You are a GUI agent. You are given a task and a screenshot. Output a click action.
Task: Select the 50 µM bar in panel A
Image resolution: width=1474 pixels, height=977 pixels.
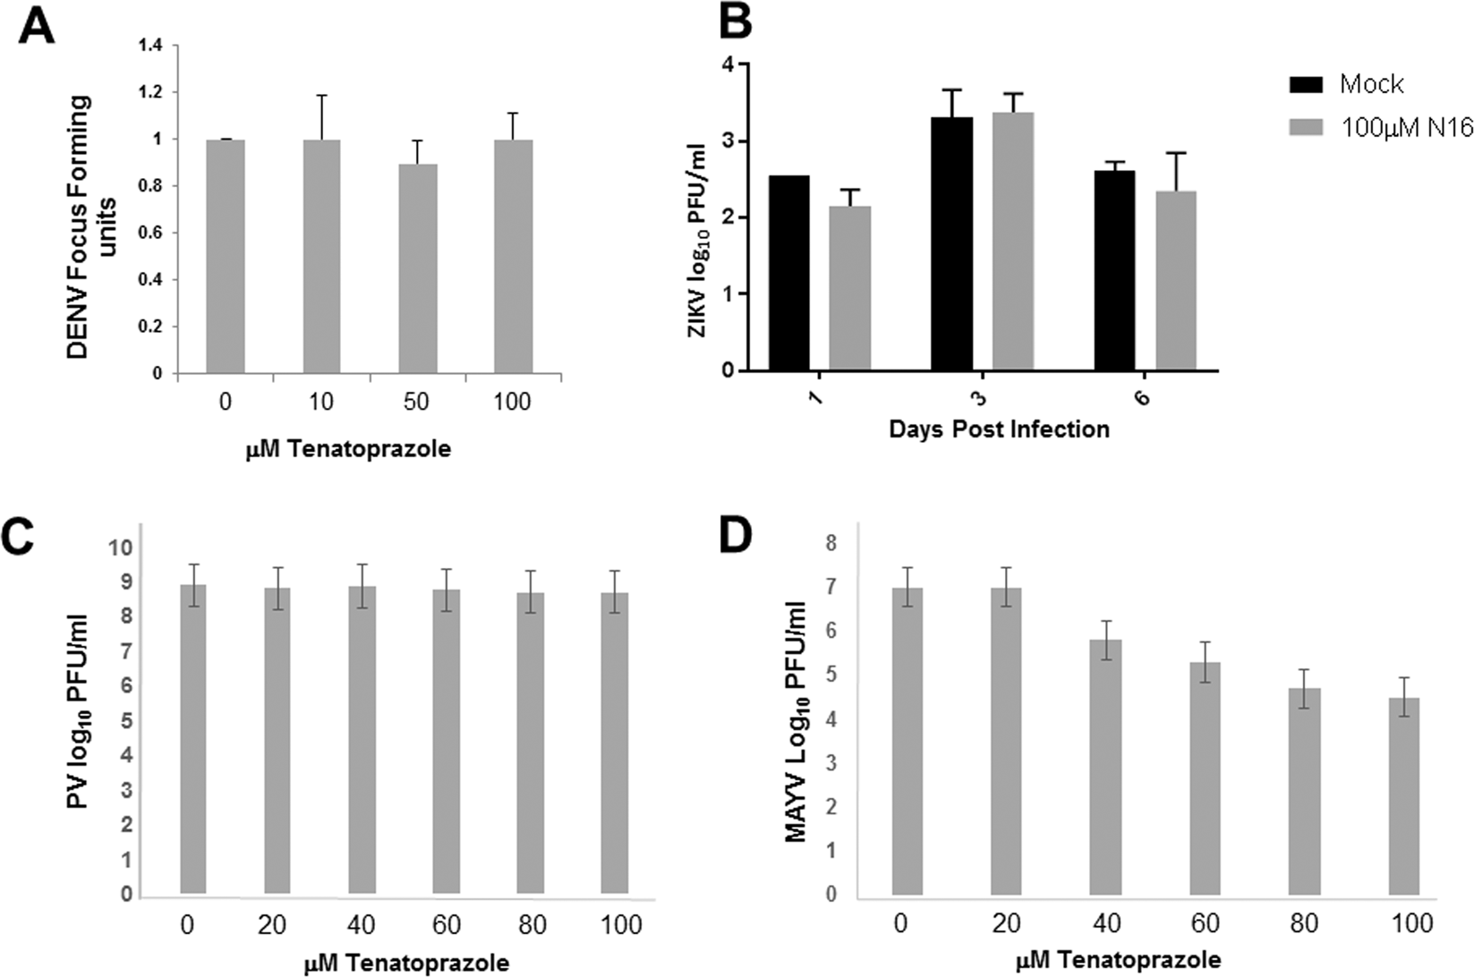[x=416, y=268]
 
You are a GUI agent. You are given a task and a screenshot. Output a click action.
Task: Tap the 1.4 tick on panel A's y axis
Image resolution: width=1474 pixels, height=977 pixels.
[x=152, y=46]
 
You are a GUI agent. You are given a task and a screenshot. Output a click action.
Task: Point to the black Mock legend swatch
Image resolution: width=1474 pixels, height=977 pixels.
[x=1308, y=85]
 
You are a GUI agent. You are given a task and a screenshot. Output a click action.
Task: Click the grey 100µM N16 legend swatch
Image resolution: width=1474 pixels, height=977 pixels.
[x=1308, y=128]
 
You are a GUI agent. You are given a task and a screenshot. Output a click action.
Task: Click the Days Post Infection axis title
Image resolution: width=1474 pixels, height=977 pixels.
[x=999, y=429]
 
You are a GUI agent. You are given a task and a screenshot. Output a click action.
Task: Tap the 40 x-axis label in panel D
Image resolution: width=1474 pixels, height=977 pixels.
[x=1105, y=923]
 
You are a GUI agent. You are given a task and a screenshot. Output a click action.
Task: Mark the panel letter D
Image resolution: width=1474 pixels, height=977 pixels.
[x=754, y=536]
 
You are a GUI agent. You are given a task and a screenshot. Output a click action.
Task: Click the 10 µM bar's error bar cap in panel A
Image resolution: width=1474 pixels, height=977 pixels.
[x=320, y=95]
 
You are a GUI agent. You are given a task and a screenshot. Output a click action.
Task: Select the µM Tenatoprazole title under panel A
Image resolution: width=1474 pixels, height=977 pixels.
[x=348, y=449]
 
